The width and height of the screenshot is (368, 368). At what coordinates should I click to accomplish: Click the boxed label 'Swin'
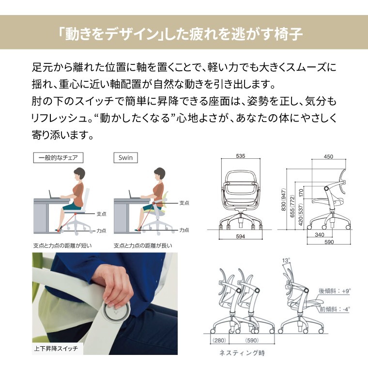pos(125,157)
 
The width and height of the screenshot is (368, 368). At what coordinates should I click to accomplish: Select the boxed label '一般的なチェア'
pos(58,157)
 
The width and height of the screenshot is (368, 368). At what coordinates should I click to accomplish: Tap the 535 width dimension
pos(241,156)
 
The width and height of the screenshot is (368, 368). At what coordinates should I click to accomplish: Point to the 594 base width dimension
pos(241,236)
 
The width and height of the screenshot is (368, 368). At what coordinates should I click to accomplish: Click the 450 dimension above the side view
pos(328,156)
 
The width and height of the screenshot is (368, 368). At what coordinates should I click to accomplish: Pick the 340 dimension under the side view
pos(320,234)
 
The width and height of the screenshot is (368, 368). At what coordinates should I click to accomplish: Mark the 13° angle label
pos(286,261)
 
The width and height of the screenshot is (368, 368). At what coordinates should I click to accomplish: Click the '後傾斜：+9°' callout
pos(335,291)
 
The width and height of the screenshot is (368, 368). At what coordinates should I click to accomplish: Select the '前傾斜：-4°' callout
pos(335,309)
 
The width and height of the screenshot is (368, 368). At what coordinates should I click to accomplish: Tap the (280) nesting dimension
pos(219,340)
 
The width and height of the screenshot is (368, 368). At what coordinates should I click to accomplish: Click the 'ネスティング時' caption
pos(242,353)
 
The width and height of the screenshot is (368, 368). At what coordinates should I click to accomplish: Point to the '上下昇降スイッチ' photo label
pos(56,349)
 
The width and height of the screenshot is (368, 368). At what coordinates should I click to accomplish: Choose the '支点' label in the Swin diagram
pos(184,203)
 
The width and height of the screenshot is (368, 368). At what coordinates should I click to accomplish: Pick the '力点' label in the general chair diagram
pos(101,231)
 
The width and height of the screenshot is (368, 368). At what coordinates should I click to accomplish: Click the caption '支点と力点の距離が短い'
pos(62,245)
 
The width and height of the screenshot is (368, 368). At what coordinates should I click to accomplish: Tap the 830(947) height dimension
pos(284,199)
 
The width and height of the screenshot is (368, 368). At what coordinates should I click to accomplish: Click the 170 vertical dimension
pos(301,193)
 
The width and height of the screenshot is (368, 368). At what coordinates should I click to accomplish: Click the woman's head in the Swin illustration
pos(160,174)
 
